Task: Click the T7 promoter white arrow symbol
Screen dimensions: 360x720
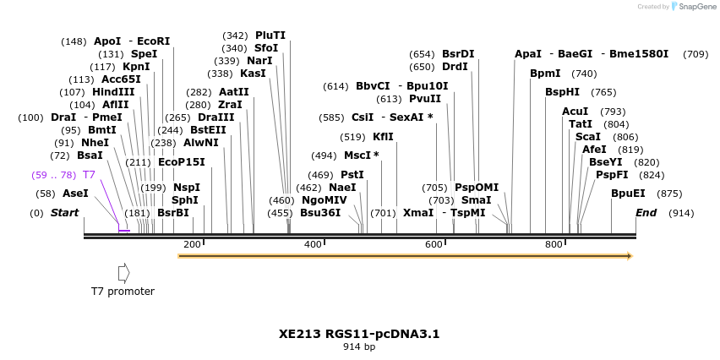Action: (123, 272)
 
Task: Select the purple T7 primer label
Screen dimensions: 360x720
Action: (89, 174)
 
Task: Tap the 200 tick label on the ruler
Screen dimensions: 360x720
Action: (192, 244)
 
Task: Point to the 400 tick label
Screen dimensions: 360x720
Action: (313, 244)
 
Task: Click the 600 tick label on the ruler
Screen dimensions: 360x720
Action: (434, 244)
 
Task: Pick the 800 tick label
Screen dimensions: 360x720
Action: (554, 244)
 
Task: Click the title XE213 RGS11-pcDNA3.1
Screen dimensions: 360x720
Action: (359, 334)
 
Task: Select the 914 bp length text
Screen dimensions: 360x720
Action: (359, 346)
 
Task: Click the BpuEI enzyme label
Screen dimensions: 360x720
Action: (628, 193)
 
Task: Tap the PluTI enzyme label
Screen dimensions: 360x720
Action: (270, 35)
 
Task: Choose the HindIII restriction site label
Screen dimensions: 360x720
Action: (113, 92)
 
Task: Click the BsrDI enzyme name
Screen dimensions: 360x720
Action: (458, 54)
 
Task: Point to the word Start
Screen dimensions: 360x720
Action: (65, 213)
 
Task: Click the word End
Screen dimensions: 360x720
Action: (646, 213)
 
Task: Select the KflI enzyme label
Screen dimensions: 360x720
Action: (383, 137)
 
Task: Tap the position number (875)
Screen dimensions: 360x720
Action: (669, 194)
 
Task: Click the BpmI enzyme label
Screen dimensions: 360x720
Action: (545, 74)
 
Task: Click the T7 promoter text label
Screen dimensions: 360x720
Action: (123, 292)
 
